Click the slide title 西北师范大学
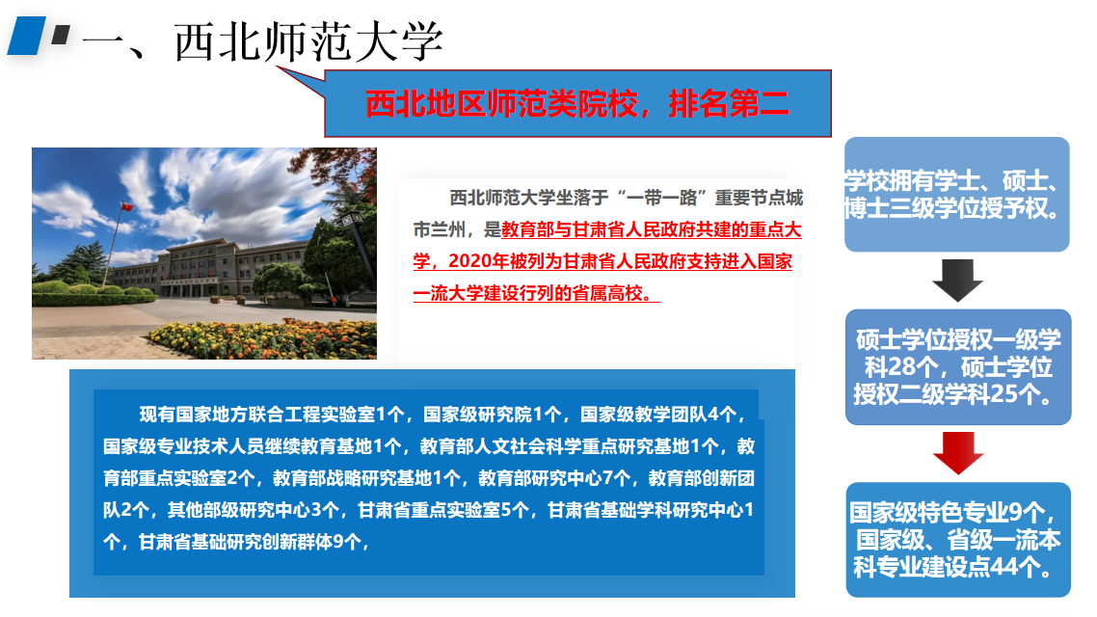308,42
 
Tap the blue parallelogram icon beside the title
27,36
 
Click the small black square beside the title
61,35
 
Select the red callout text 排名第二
729,104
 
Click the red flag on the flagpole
126,206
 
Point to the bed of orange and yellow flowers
262,339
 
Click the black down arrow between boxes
958,280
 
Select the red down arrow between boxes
958,453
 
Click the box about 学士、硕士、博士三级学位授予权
956,195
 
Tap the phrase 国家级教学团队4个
657,415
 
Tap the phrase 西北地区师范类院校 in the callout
501,104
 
